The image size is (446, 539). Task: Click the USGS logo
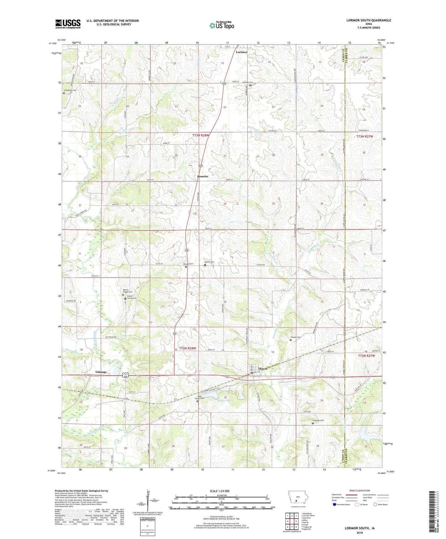[x=68, y=23]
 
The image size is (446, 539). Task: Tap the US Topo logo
[x=222, y=25]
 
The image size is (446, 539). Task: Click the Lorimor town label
[x=241, y=52]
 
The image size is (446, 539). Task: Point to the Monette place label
[x=203, y=176]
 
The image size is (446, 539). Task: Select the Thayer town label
[x=262, y=369]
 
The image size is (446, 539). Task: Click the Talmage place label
[x=101, y=372]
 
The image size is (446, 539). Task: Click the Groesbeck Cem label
[x=70, y=90]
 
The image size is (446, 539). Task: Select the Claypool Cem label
[x=318, y=420]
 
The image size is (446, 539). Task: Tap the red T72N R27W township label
[x=367, y=356]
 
